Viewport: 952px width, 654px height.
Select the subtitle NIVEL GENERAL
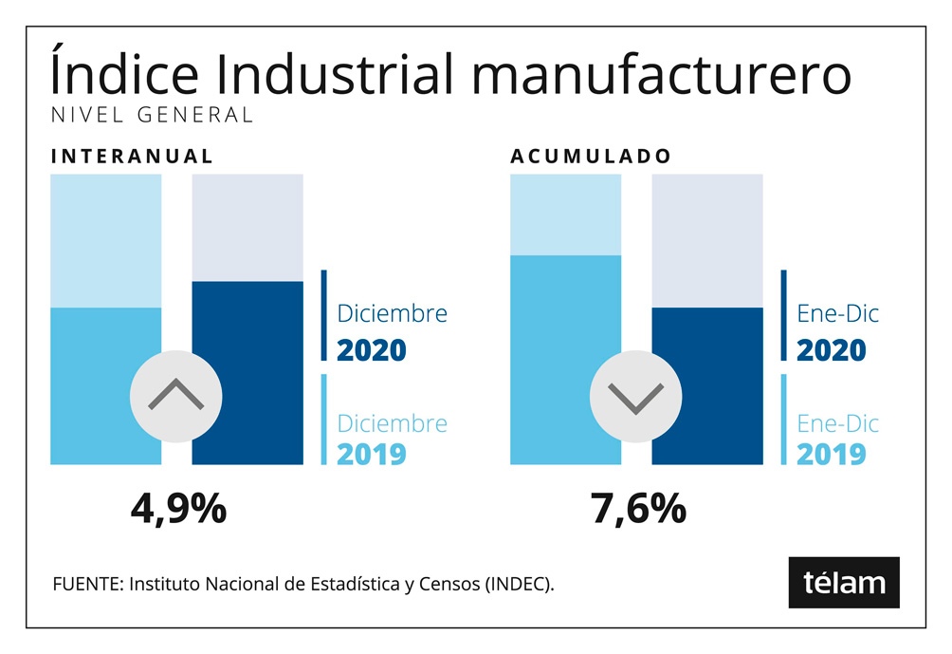[151, 115]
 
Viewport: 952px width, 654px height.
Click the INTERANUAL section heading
[132, 157]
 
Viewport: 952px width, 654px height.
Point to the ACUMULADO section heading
[591, 157]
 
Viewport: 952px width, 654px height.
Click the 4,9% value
[178, 510]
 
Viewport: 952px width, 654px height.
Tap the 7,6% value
[638, 510]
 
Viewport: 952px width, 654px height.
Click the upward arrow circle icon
[176, 395]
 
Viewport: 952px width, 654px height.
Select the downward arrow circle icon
[636, 395]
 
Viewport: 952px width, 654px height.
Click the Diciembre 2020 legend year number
[372, 349]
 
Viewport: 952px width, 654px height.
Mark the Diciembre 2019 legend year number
[372, 454]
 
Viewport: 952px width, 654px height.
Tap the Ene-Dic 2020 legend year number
[832, 349]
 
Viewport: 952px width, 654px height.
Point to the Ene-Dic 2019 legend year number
[832, 454]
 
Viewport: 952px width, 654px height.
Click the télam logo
[844, 582]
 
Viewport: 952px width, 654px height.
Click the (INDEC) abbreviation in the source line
[520, 584]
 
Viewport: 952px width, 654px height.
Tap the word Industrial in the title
[320, 74]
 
